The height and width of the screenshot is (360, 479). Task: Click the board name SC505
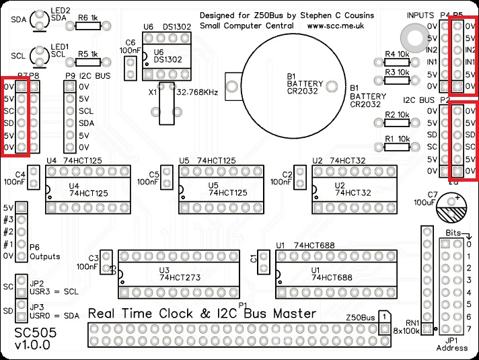36,332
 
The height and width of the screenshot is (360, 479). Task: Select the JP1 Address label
451,344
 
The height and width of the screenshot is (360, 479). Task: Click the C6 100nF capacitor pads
130,66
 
